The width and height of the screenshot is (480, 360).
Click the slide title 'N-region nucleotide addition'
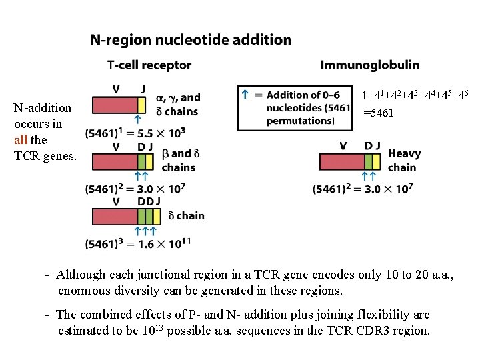(191, 40)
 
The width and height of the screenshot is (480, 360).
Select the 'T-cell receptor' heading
(149, 65)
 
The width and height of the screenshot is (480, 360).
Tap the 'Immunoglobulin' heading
(370, 65)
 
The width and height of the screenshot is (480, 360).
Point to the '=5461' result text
(378, 113)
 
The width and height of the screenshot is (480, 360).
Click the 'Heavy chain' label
(403, 161)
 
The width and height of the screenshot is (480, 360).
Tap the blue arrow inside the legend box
(245, 95)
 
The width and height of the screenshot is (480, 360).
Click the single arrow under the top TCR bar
(137, 120)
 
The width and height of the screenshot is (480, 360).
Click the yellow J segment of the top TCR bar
(141, 105)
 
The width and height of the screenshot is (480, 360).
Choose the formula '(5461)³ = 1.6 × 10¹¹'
(139, 244)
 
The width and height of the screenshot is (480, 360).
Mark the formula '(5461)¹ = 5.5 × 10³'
(135, 133)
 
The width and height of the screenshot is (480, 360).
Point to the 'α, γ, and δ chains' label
(177, 105)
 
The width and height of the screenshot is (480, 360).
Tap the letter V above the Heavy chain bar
(343, 146)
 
